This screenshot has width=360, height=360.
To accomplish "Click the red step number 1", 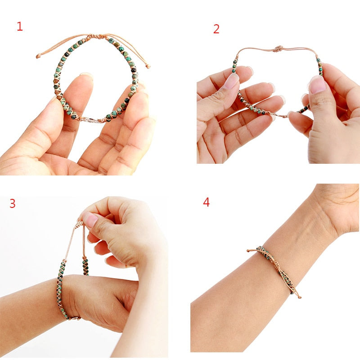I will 19,27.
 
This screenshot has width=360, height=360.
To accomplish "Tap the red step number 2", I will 216,29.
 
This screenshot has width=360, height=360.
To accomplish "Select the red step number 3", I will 13,203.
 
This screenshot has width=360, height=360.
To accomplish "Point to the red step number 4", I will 206,202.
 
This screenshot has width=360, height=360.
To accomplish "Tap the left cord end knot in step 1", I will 38,56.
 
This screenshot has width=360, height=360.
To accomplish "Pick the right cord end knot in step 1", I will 148,67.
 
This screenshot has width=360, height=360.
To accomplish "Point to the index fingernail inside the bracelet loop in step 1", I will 85,76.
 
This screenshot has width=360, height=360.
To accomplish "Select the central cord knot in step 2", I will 278,48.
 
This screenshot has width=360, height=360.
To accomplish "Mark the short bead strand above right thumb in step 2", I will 319,67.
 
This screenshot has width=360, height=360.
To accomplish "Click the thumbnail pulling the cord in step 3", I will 90,220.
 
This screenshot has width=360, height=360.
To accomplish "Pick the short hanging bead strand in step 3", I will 85,265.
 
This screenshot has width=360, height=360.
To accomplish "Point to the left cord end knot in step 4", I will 248,250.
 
